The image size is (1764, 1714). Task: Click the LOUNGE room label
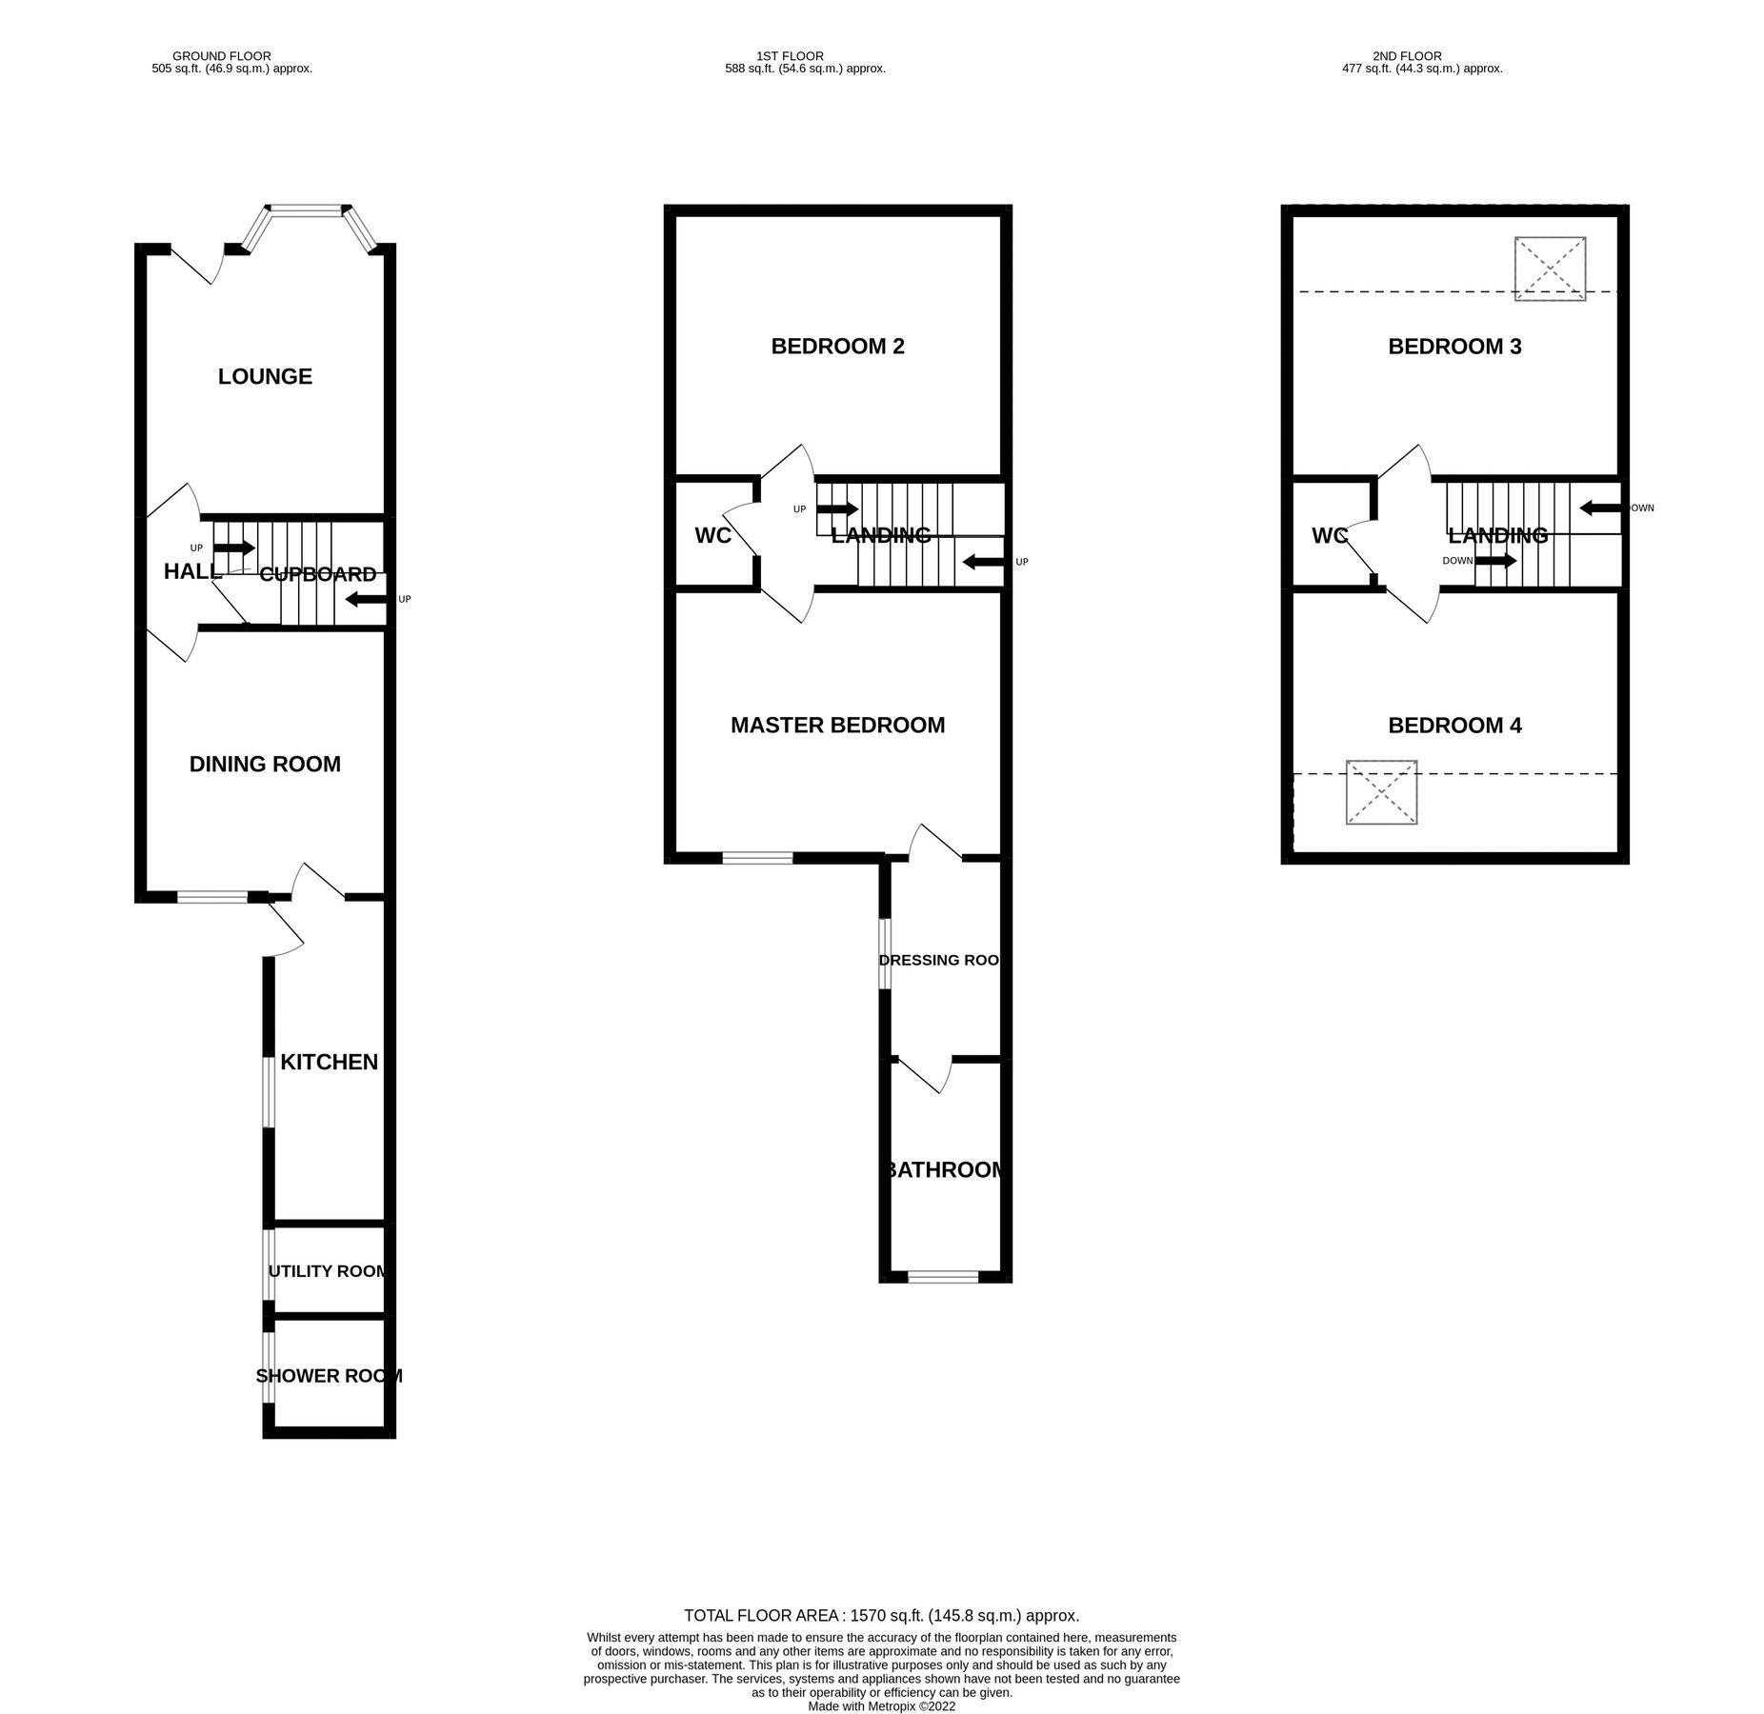(x=265, y=376)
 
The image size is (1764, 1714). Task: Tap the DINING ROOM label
(x=265, y=764)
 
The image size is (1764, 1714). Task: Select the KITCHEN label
(x=329, y=1062)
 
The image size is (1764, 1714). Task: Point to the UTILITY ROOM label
(x=328, y=1271)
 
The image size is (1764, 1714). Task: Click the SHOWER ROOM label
(x=329, y=1376)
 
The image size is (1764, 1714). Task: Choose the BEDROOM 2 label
(x=837, y=347)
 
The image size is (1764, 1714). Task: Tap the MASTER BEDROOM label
(x=837, y=726)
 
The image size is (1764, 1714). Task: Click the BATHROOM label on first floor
(x=944, y=1169)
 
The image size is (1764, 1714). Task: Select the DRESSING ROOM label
(x=939, y=960)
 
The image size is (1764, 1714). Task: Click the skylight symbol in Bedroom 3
(x=1550, y=269)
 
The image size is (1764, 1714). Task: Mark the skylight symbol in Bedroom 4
(x=1381, y=792)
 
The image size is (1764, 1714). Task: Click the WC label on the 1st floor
(x=712, y=536)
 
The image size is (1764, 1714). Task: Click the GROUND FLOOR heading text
(x=222, y=56)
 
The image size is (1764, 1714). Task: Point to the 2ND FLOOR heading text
(x=1407, y=56)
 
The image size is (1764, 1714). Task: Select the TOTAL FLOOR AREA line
(x=881, y=1615)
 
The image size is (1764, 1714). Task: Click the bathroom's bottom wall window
(x=943, y=1277)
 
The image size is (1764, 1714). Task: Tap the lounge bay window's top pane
(x=306, y=209)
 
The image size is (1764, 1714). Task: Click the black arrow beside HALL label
(x=234, y=548)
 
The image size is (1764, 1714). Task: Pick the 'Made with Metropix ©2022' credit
(x=881, y=1706)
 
